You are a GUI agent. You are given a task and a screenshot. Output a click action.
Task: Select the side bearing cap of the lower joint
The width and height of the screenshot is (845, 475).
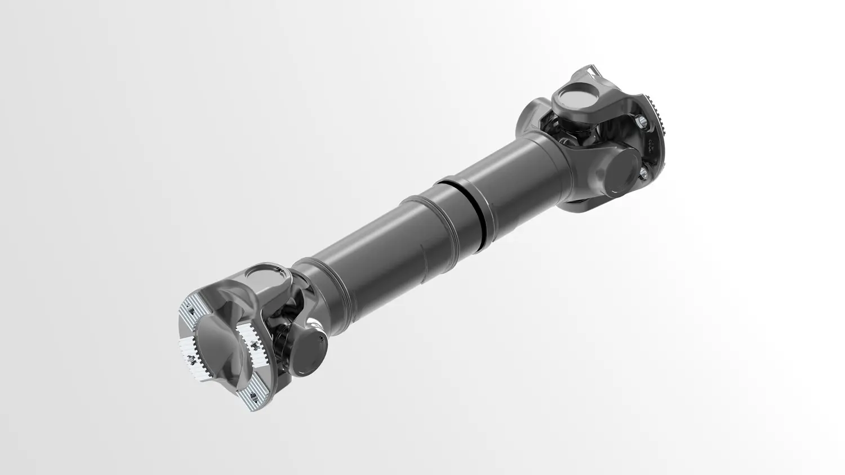[311, 349]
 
